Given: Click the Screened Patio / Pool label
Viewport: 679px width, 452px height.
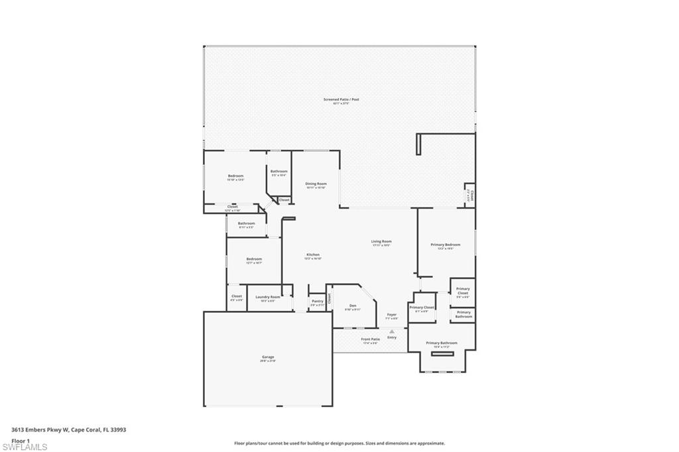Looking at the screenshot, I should pyautogui.click(x=341, y=99).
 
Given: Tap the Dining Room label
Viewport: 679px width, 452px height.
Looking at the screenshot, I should pyautogui.click(x=316, y=184).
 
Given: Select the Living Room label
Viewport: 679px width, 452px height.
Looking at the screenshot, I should pyautogui.click(x=381, y=241).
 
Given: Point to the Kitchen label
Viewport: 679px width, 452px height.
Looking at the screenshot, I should pyautogui.click(x=312, y=254).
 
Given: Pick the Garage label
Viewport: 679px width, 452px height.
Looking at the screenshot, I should pyautogui.click(x=267, y=357).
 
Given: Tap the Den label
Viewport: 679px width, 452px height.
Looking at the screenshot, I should pyautogui.click(x=352, y=306).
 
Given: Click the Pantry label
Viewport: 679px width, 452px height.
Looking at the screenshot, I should pyautogui.click(x=318, y=301).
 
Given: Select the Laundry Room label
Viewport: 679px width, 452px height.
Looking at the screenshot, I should pyautogui.click(x=267, y=297).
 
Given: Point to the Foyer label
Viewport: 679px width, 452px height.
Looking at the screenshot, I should pyautogui.click(x=391, y=315).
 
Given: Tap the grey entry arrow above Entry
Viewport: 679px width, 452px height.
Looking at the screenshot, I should pyautogui.click(x=392, y=331).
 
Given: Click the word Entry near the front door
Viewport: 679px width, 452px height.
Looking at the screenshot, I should pyautogui.click(x=392, y=337).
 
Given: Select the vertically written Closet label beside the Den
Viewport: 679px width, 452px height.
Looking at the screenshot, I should pyautogui.click(x=328, y=298).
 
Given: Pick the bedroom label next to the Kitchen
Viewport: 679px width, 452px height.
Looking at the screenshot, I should pyautogui.click(x=254, y=259).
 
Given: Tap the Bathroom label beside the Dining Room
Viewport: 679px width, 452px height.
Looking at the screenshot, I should pyautogui.click(x=278, y=172).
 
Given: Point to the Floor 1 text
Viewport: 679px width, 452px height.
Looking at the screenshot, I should pyautogui.click(x=21, y=440).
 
